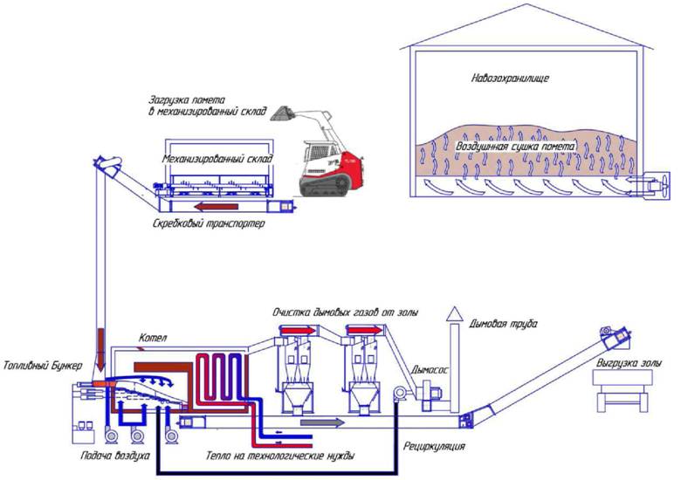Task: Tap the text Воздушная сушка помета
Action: point(515,147)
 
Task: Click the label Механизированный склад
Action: point(218,160)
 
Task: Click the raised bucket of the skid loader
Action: point(282,114)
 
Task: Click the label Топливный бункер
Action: point(42,365)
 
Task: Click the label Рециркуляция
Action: point(432,447)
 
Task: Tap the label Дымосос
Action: point(433,369)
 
